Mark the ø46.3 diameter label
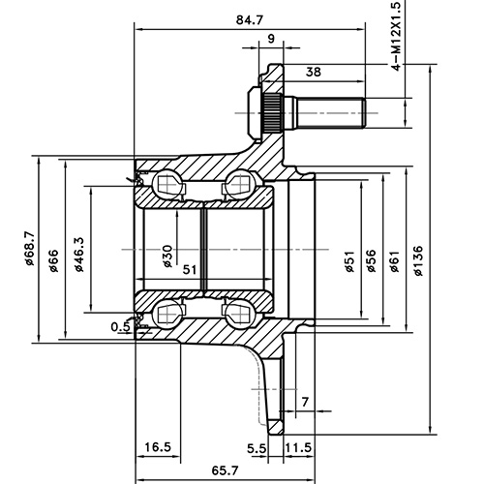point(78,255)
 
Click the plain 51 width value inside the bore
point(190,270)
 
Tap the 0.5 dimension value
point(120,326)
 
